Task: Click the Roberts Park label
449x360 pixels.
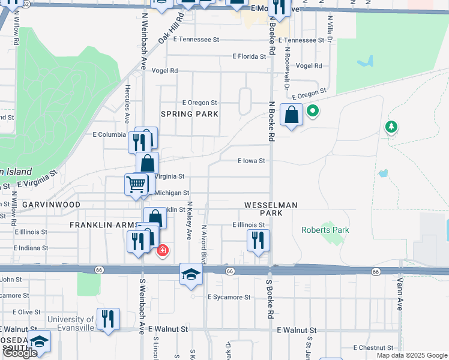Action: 325,230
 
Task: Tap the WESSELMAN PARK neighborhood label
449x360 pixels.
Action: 271,209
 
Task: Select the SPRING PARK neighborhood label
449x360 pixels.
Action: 189,113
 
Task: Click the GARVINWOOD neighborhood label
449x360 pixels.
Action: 51,205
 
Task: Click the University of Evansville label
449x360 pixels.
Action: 71,323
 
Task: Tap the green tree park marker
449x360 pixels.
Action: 391,127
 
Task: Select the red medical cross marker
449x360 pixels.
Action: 162,251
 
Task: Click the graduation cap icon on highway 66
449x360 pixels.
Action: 191,274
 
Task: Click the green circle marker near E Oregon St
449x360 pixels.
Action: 312,111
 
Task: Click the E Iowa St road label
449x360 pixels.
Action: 251,161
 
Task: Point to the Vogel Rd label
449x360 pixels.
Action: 164,71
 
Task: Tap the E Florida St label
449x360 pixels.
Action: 249,56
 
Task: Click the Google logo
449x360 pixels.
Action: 20,353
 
